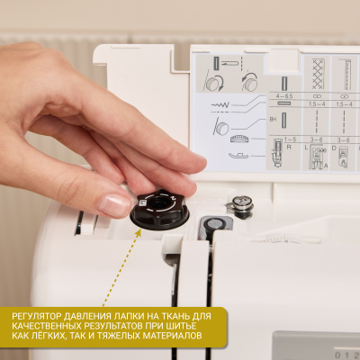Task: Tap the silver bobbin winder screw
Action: [x=240, y=204]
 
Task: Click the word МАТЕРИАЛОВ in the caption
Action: [x=171, y=337]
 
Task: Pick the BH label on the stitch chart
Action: [x=274, y=118]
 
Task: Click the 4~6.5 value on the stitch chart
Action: [x=284, y=95]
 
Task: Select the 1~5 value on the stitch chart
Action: [x=290, y=139]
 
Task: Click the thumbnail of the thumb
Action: [x=115, y=204]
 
